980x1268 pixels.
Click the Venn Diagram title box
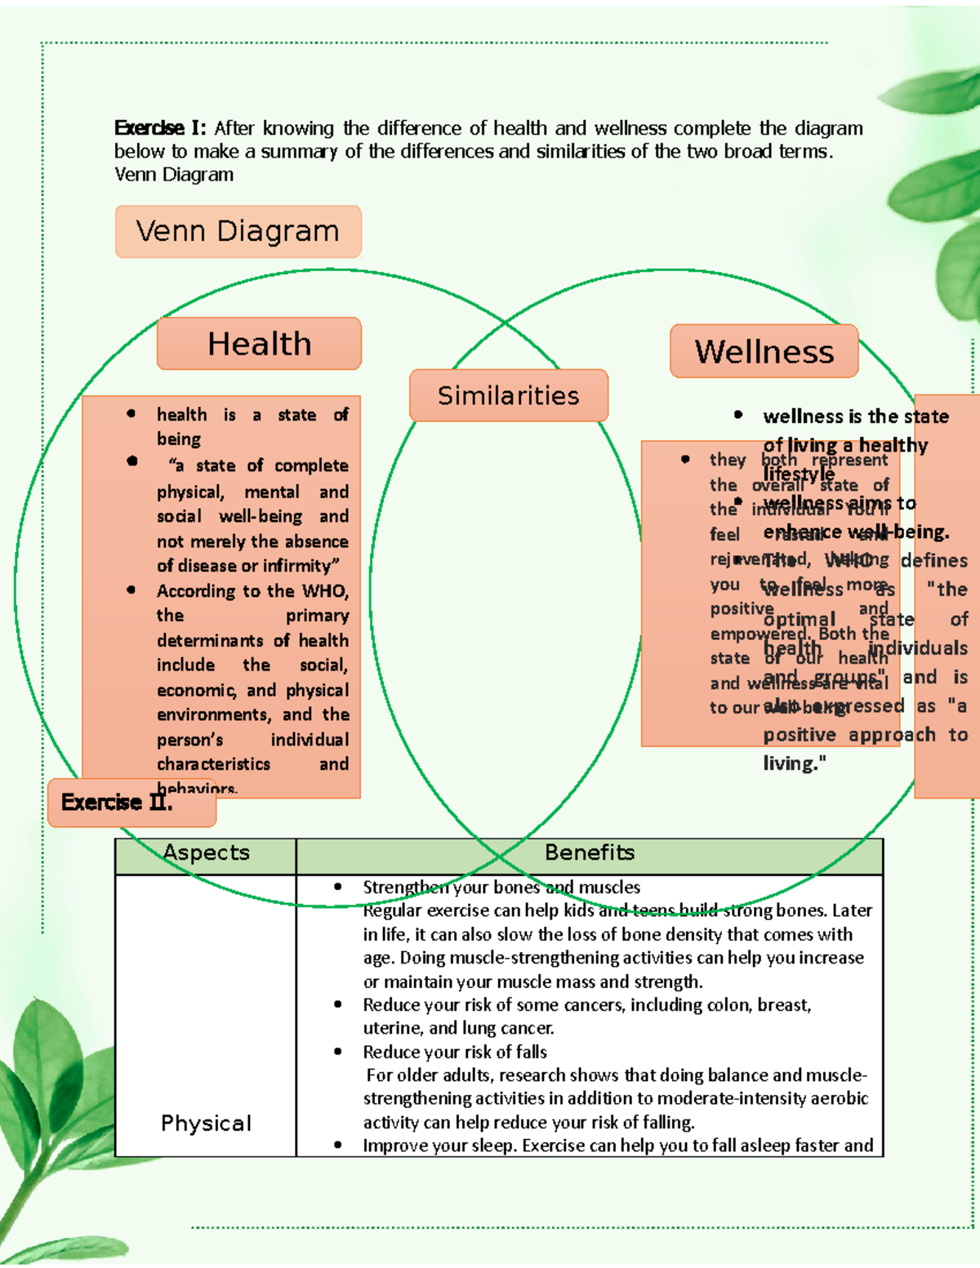click(x=238, y=232)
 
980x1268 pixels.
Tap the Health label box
click(x=259, y=344)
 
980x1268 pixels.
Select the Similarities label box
click(x=508, y=396)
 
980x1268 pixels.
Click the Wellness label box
click(x=764, y=352)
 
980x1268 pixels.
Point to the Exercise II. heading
click(x=117, y=803)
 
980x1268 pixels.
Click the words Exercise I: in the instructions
click(x=160, y=128)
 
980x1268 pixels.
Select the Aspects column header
click(x=206, y=853)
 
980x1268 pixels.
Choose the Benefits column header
click(x=589, y=853)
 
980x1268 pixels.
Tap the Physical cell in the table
click(x=206, y=1123)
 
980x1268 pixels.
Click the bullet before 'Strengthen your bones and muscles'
click(x=338, y=888)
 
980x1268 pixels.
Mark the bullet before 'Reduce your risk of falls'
click(x=338, y=1052)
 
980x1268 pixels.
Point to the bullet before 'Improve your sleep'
click(x=338, y=1146)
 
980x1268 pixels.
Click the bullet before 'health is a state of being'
click(x=131, y=414)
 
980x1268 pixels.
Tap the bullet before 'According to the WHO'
click(x=131, y=590)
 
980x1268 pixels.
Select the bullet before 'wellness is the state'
click(x=738, y=416)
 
